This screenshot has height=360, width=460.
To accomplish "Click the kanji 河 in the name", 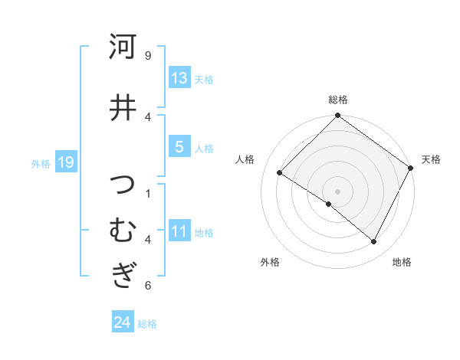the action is click(123, 47).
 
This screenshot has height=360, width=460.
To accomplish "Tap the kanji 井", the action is click(123, 107).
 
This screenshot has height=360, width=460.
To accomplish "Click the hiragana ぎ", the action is click(123, 273).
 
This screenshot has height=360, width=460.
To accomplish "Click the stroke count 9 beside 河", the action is click(148, 55).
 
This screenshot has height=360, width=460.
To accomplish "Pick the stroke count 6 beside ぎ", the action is click(148, 286).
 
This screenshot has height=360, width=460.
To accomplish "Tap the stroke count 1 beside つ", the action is click(148, 193).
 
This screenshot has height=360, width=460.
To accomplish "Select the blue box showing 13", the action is click(179, 78).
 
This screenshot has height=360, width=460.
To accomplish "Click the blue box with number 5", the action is click(179, 147).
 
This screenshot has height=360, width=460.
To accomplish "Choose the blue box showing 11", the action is click(179, 231).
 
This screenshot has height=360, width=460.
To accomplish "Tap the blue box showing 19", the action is click(65, 162).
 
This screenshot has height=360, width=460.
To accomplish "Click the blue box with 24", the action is click(122, 322).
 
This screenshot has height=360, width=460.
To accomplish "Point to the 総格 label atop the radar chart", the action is click(337, 100).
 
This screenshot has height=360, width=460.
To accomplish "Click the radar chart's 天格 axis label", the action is click(431, 159).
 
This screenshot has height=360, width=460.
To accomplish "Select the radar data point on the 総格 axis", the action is click(337, 116).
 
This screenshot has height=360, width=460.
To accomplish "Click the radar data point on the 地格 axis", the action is click(374, 242).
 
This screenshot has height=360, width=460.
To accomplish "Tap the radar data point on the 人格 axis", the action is click(280, 172).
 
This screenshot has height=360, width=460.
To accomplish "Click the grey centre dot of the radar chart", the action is click(337, 191).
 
